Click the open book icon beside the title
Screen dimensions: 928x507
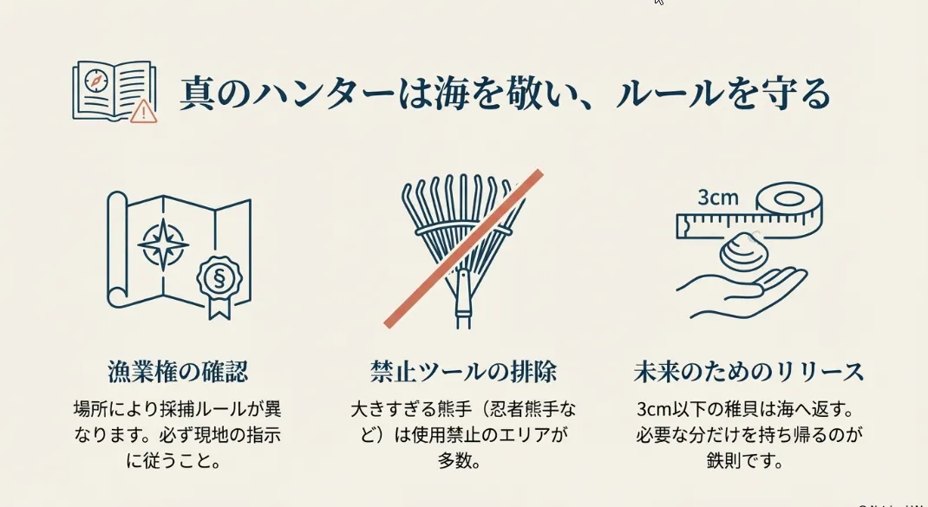click(x=114, y=91)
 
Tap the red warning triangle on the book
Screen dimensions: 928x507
click(x=143, y=111)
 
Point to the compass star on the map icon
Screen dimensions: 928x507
click(x=163, y=244)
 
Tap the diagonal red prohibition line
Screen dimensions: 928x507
click(x=463, y=249)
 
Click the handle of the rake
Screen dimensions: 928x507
click(x=463, y=301)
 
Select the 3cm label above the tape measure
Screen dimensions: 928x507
click(x=718, y=197)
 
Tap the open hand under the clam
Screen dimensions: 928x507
click(x=742, y=290)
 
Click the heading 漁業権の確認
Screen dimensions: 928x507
click(x=178, y=372)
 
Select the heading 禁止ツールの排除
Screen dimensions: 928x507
click(x=463, y=372)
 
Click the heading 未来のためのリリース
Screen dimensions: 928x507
click(x=748, y=372)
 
